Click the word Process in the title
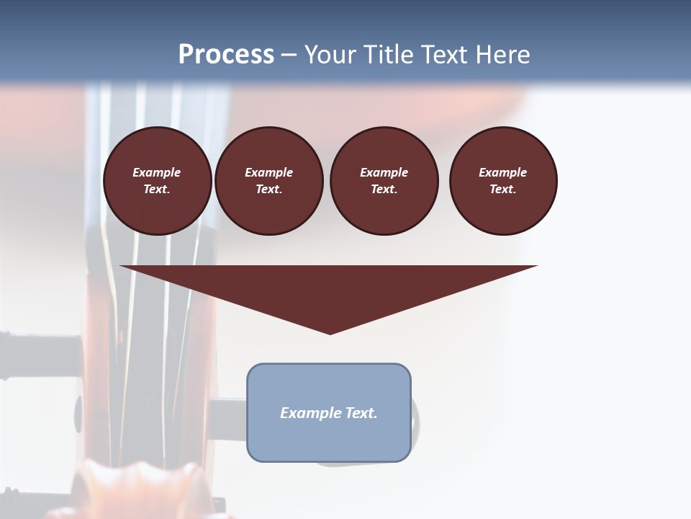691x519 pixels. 226,55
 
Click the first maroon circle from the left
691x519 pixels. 158,180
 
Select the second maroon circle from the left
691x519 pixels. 269,180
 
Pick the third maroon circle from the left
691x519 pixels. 384,180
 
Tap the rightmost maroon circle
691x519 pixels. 503,180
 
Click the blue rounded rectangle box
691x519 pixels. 329,412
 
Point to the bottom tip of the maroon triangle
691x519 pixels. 330,333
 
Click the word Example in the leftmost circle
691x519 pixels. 157,172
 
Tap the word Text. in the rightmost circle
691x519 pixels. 503,189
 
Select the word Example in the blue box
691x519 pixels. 310,413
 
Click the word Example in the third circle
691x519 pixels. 384,172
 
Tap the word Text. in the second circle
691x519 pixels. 269,189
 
